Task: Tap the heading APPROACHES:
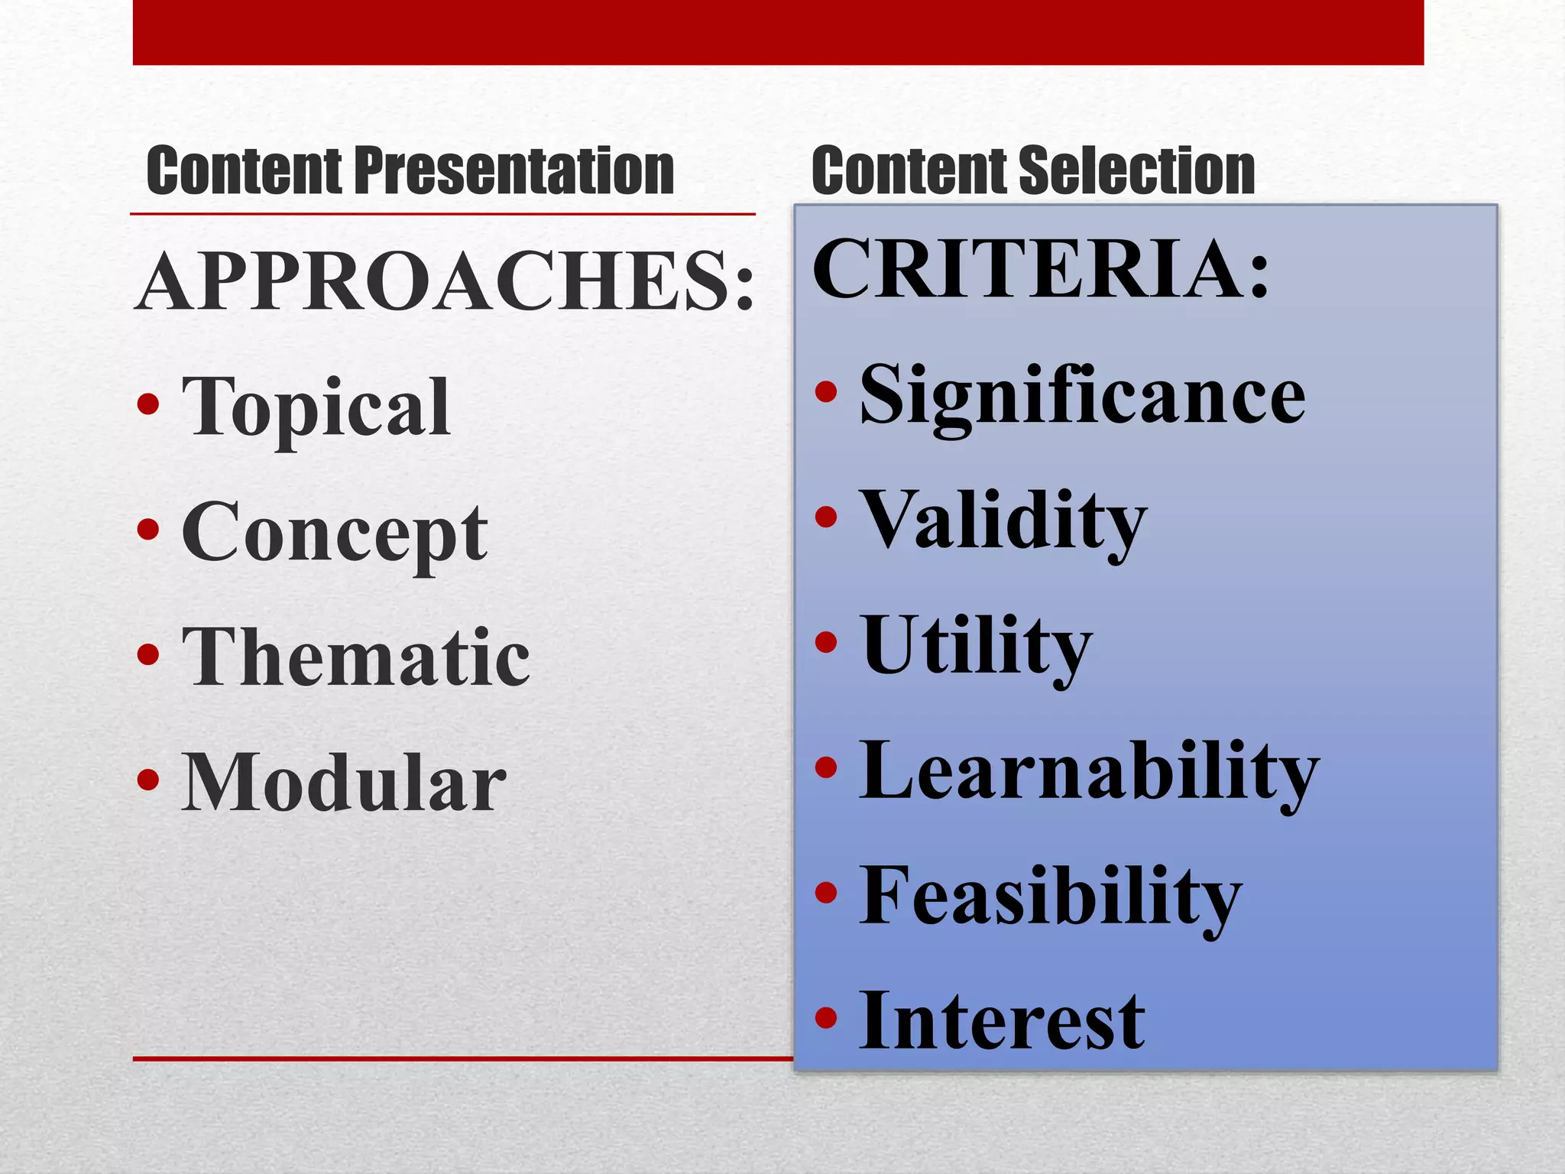click(446, 282)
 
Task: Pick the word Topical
click(316, 407)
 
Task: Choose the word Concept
click(334, 533)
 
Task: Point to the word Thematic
click(355, 657)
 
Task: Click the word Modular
click(343, 782)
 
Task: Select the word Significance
click(1082, 395)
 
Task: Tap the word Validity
click(1003, 521)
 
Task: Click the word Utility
click(976, 646)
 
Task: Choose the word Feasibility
click(1050, 896)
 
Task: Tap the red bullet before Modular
click(148, 780)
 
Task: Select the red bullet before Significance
click(826, 392)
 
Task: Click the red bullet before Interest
click(826, 1017)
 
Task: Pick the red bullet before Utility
click(826, 642)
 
